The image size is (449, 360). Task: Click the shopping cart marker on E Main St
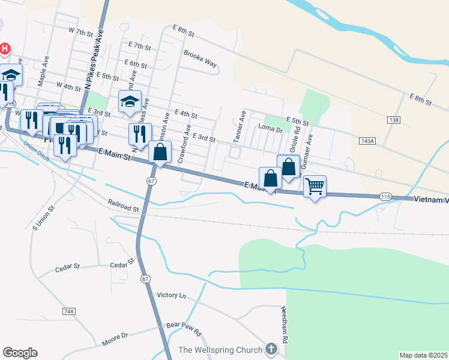coord(315,187)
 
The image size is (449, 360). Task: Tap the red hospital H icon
coord(5,48)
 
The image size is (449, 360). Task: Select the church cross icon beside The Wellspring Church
coord(271,349)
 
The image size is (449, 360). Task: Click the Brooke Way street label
coord(200,62)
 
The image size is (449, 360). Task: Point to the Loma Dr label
coord(270,128)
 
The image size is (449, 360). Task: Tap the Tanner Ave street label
coord(243,122)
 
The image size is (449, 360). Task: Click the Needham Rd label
coord(286,325)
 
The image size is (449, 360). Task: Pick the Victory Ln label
coord(172,296)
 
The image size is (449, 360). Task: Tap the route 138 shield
coord(394,121)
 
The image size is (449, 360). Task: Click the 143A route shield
coord(367,141)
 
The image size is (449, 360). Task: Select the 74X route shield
coord(69,311)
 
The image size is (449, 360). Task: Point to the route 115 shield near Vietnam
coord(386,197)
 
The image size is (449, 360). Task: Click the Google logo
coord(20,353)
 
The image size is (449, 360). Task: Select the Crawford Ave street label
coord(184,145)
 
